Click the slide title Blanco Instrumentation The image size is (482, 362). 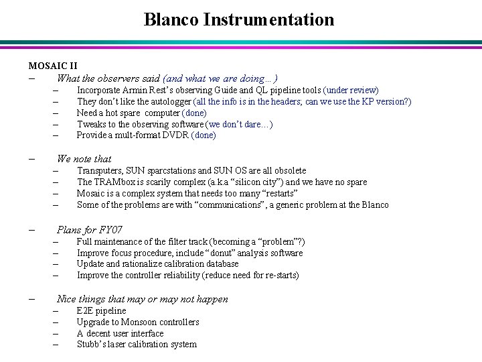pyautogui.click(x=239, y=19)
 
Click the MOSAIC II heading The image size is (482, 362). pyautogui.click(x=53, y=66)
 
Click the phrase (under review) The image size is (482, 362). pyautogui.click(x=351, y=90)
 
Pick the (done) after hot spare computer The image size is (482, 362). pyautogui.click(x=195, y=113)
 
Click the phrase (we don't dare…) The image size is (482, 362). pyautogui.click(x=240, y=124)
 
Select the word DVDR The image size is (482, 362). pyautogui.click(x=176, y=135)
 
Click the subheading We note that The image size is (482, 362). pyautogui.click(x=84, y=159)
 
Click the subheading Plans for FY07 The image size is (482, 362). pyautogui.click(x=90, y=229)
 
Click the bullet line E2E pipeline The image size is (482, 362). pyautogui.click(x=101, y=310)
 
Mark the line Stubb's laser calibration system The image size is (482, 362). pyautogui.click(x=137, y=345)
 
